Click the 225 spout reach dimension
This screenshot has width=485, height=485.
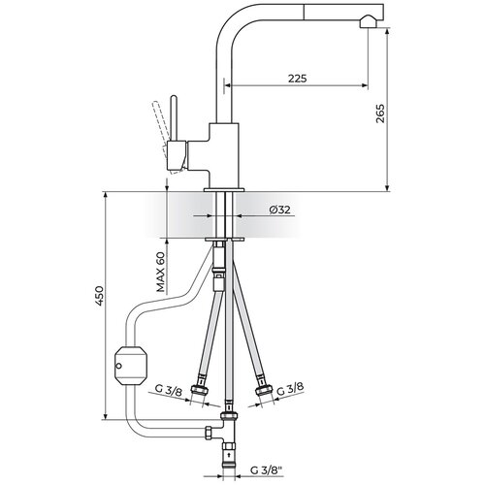tap(297, 79)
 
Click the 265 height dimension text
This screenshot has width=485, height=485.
tap(380, 113)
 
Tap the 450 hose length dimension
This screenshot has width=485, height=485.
tap(99, 296)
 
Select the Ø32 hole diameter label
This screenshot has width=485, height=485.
tap(279, 210)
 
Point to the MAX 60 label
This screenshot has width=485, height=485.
tap(161, 272)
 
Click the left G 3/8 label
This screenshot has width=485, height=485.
tap(169, 390)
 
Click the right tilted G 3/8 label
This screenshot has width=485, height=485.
tap(290, 389)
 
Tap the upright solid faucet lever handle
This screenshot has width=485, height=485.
tap(174, 118)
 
